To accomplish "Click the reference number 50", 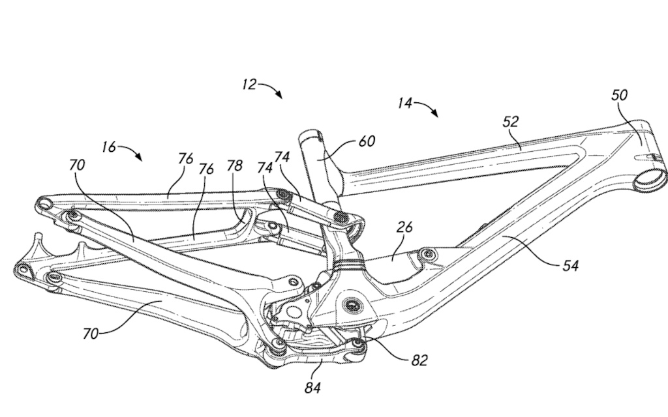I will [x=619, y=95].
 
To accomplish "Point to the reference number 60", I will [x=367, y=141].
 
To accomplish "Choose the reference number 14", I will [x=404, y=103].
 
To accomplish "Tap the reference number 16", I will [x=109, y=147].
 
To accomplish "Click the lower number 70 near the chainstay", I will [x=91, y=334].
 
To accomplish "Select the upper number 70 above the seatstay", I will [x=76, y=165].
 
